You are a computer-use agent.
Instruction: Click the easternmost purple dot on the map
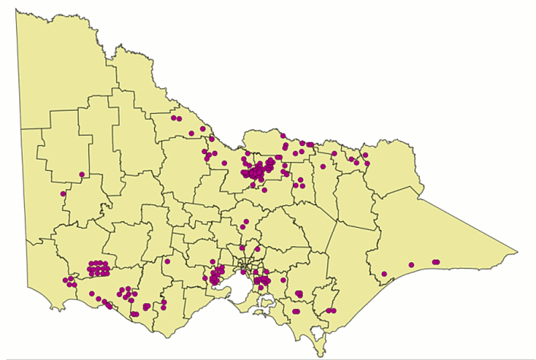[437, 262]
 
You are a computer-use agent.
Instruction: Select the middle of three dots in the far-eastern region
[411, 265]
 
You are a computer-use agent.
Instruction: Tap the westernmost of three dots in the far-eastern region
[384, 274]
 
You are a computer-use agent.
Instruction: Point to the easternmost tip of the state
[518, 251]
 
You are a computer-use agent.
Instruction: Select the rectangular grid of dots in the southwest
[98, 268]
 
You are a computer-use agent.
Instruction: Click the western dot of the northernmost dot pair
[174, 118]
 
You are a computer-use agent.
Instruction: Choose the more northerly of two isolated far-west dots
[81, 175]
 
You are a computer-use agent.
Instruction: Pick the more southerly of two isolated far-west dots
[64, 194]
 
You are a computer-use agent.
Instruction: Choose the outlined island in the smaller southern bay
[266, 302]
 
